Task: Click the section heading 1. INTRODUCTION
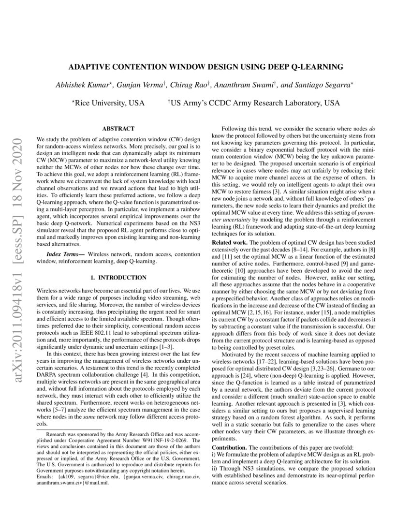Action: pyautogui.click(x=118, y=278)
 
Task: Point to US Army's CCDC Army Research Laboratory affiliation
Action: pyautogui.click(x=255, y=103)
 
